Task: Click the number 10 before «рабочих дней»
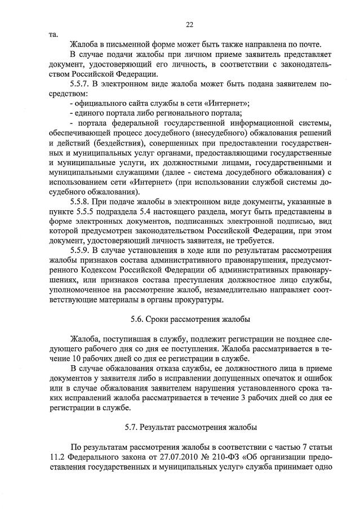tap(78, 358)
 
